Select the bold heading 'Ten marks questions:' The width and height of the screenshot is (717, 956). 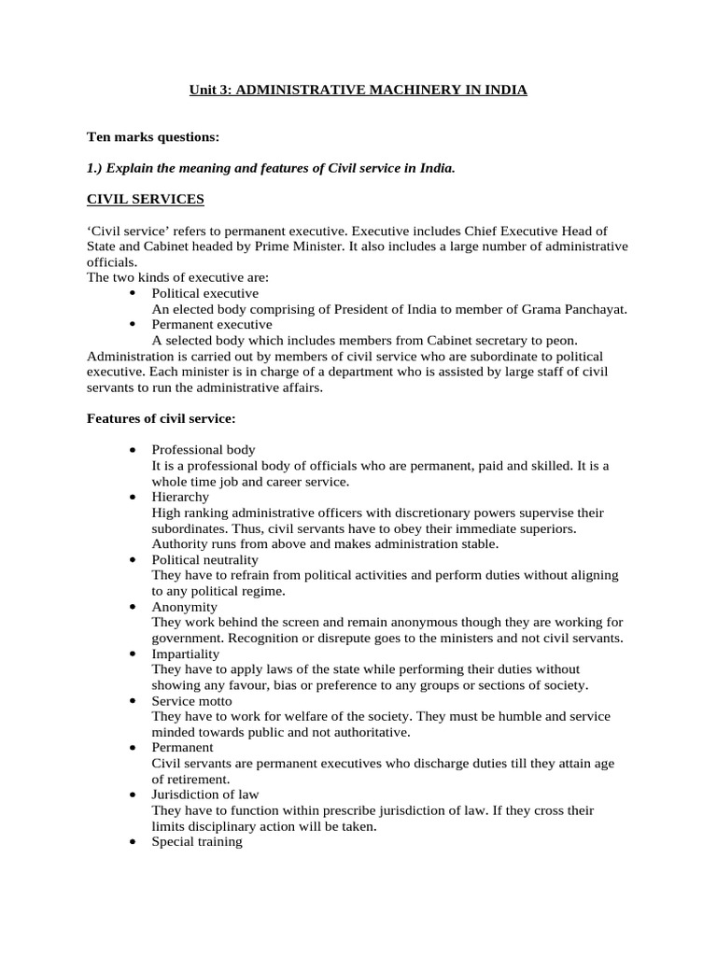tap(153, 137)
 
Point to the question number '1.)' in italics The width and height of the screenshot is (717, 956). tap(96, 168)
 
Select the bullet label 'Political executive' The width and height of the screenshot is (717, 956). tap(204, 293)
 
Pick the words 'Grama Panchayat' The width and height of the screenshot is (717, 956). tap(577, 309)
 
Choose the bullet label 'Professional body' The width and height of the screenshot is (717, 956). tap(203, 450)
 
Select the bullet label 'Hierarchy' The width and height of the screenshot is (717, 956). tap(180, 497)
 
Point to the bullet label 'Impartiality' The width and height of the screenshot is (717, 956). tap(186, 654)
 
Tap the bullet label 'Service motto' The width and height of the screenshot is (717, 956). tap(191, 700)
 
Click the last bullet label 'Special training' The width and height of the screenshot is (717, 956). tap(197, 841)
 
